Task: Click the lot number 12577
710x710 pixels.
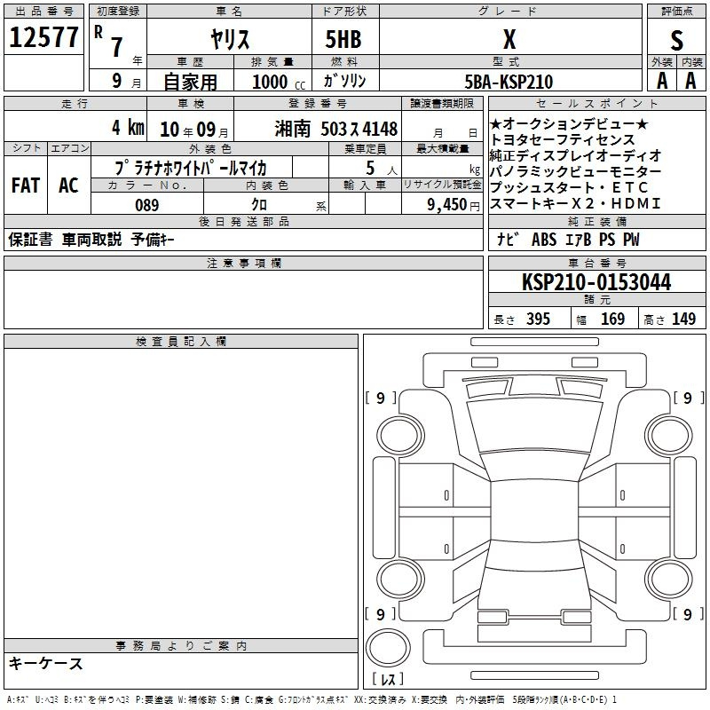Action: pyautogui.click(x=43, y=37)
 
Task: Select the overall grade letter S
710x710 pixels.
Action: pyautogui.click(x=676, y=40)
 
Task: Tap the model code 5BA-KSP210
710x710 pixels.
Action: pyautogui.click(x=509, y=82)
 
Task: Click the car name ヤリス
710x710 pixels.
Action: pyautogui.click(x=230, y=39)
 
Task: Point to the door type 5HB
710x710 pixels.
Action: pyautogui.click(x=343, y=39)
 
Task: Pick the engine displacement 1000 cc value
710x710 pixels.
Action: pyautogui.click(x=279, y=82)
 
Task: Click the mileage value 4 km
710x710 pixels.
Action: pyautogui.click(x=128, y=128)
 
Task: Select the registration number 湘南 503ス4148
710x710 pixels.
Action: pyautogui.click(x=336, y=130)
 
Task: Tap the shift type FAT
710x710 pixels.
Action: pyautogui.click(x=26, y=185)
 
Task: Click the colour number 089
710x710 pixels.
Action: pyautogui.click(x=147, y=205)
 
